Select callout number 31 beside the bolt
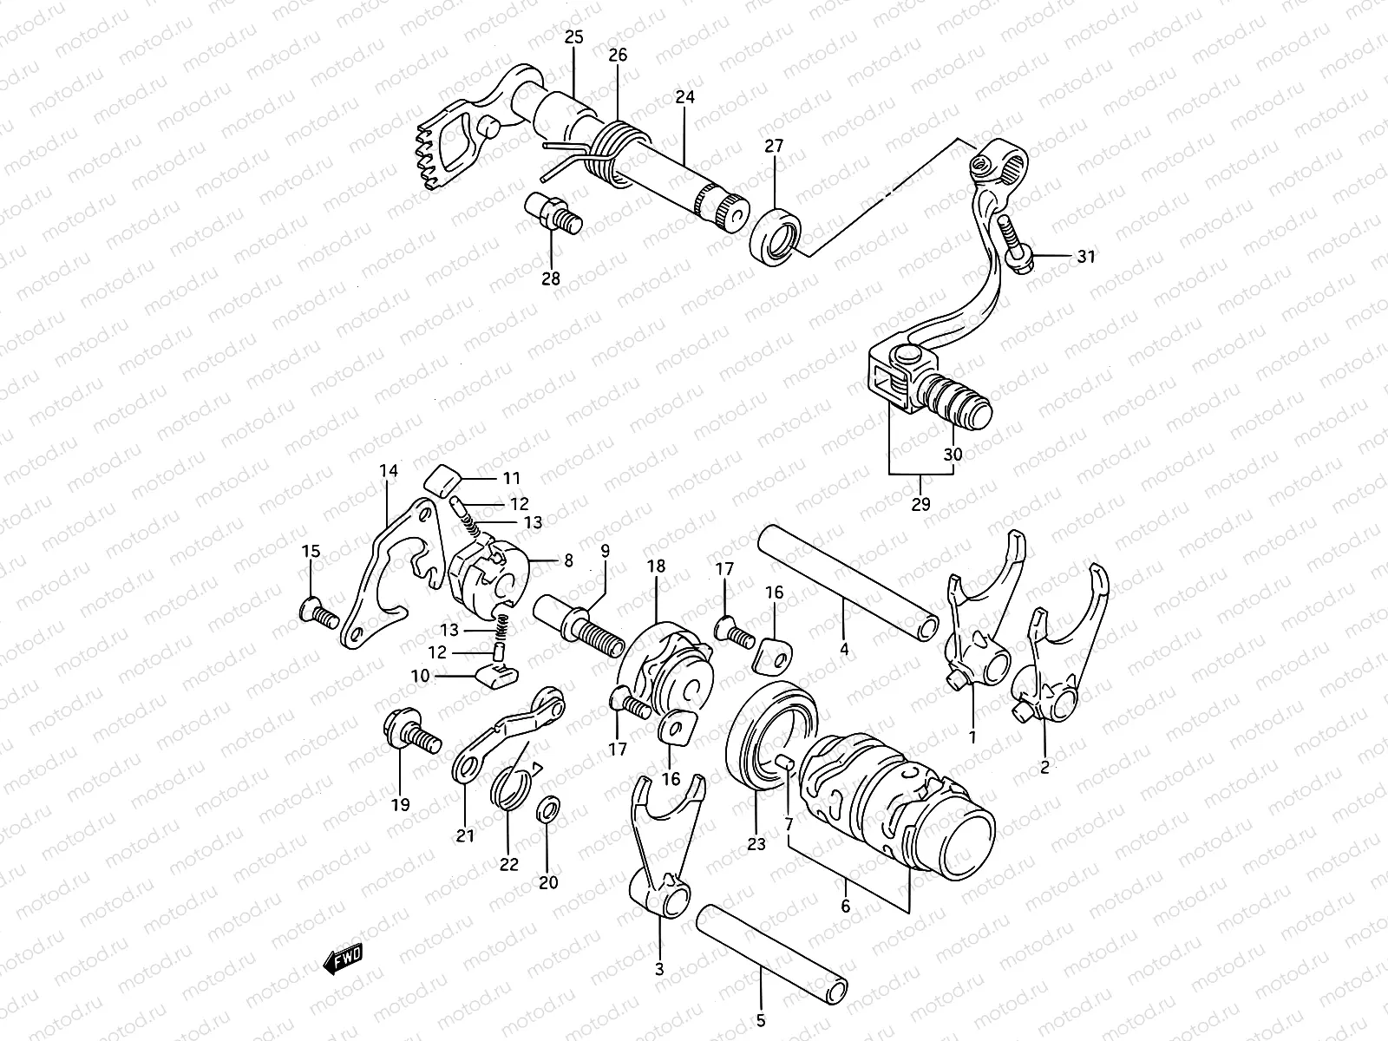pos(1086,256)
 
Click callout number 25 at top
pos(574,37)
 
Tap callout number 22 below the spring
pos(508,864)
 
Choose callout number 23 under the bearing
pos(756,843)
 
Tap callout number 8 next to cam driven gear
pos(568,561)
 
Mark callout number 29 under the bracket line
pos(921,503)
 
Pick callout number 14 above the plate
pos(388,471)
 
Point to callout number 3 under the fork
pos(659,969)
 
